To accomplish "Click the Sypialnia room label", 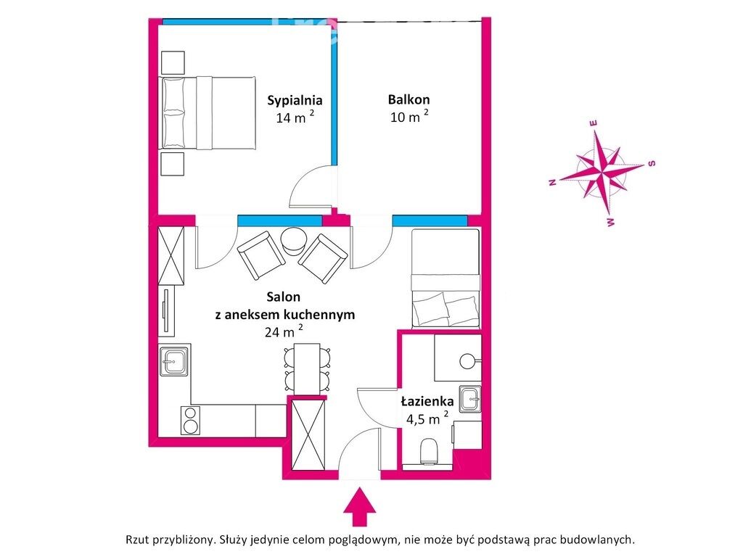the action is point(295,100).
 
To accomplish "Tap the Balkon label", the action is point(409,100).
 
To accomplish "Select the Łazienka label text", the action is point(427,402).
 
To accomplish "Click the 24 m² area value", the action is point(284,331).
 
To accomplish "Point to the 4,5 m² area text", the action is point(427,418).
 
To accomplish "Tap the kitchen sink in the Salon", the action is point(173,361).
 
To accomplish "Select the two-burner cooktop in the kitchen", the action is point(190,421).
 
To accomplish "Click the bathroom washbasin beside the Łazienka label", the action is point(470,399).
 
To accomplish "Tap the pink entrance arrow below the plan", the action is point(360,506).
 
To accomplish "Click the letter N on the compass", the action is point(552,183).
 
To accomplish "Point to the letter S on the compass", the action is point(652,163).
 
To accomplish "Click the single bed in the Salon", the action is point(446,278).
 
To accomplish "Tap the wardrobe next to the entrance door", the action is point(308,434).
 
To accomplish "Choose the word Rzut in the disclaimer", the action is point(136,540).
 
